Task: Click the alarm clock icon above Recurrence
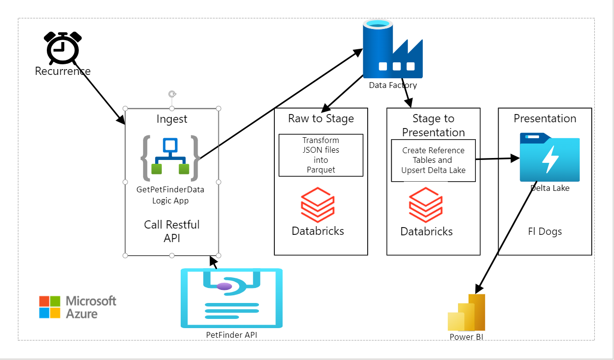[62, 47]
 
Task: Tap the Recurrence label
[62, 72]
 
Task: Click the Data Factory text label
[393, 85]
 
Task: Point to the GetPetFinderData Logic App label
[170, 195]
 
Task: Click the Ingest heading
[171, 119]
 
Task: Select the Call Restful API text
[171, 231]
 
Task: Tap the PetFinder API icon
[231, 298]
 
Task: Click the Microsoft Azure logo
[78, 307]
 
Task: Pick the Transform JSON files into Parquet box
[321, 155]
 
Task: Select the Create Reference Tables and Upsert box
[433, 160]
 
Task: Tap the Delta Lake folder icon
[550, 158]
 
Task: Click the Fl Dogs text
[545, 231]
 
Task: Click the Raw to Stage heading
[321, 118]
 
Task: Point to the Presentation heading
[545, 118]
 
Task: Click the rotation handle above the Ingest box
[171, 94]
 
